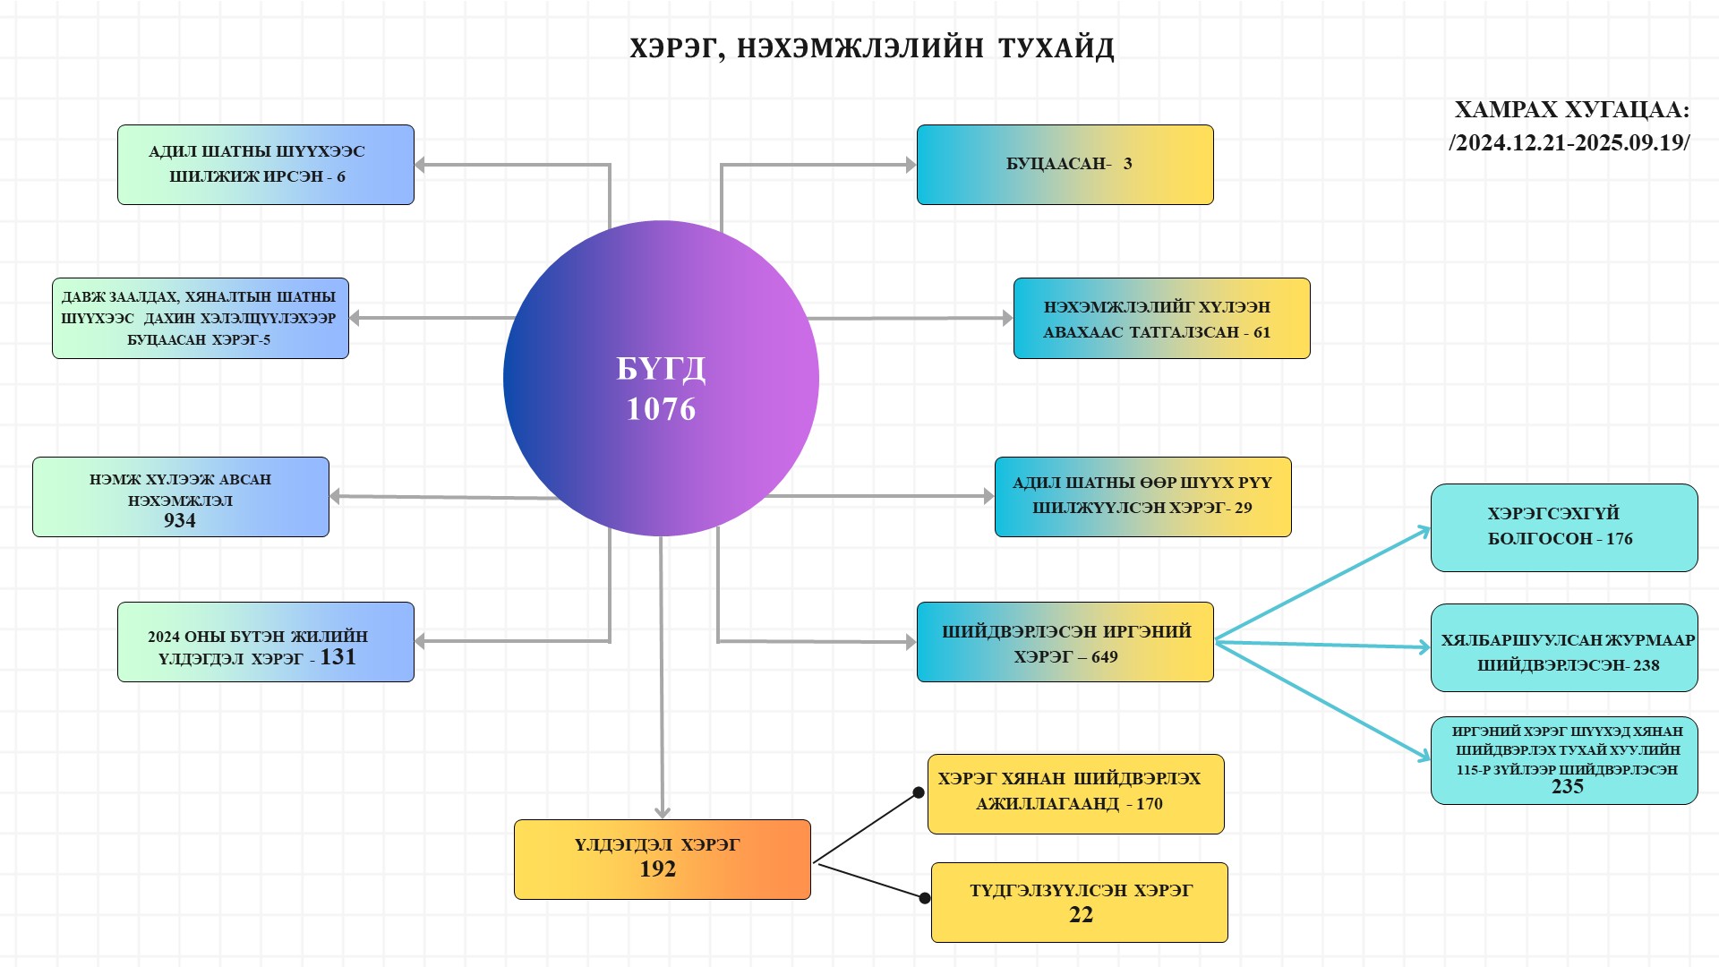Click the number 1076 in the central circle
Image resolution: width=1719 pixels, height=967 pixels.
pyautogui.click(x=661, y=409)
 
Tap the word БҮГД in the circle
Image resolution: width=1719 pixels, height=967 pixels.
pyautogui.click(x=661, y=369)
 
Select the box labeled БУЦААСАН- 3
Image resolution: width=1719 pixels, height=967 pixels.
pyautogui.click(x=1065, y=165)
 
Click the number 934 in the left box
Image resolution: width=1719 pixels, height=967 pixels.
pyautogui.click(x=180, y=520)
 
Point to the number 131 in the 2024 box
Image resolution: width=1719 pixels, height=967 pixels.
pyautogui.click(x=338, y=657)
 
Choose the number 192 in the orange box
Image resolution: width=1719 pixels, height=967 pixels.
pyautogui.click(x=658, y=869)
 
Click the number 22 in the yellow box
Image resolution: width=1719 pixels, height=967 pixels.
pyautogui.click(x=1081, y=915)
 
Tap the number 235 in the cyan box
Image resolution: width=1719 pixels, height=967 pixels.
pyautogui.click(x=1568, y=787)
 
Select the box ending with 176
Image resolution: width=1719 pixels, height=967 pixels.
pyautogui.click(x=1563, y=527)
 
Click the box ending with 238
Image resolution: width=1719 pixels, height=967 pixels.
pyautogui.click(x=1563, y=647)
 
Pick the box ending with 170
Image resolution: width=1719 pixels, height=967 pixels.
pyautogui.click(x=1075, y=794)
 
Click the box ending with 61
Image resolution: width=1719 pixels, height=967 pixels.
pyautogui.click(x=1161, y=319)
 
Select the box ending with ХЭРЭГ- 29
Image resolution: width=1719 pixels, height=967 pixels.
pyautogui.click(x=1142, y=497)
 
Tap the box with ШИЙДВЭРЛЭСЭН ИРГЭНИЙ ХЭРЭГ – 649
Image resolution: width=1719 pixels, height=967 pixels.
pyautogui.click(x=1065, y=642)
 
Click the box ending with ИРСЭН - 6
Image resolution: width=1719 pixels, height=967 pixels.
pyautogui.click(x=265, y=165)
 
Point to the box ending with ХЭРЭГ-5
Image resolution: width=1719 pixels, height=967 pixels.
pyautogui.click(x=200, y=318)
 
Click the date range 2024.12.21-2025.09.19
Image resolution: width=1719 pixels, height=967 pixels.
pyautogui.click(x=1569, y=143)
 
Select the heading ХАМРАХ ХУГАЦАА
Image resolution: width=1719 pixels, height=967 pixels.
pyautogui.click(x=1571, y=110)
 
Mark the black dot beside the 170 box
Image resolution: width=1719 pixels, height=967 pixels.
pyautogui.click(x=918, y=792)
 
